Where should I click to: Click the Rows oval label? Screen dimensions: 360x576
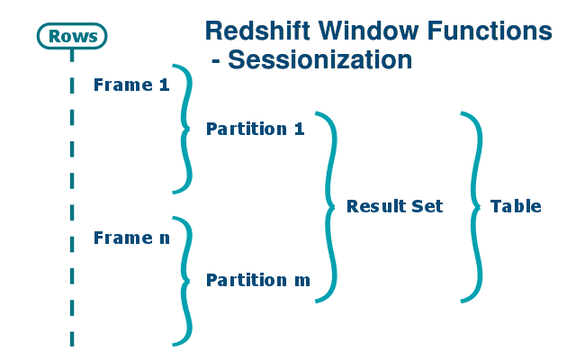tap(72, 36)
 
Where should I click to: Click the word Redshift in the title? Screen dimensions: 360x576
tap(254, 31)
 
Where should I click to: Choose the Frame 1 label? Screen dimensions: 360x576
tap(131, 85)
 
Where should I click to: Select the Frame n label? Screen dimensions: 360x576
tap(131, 238)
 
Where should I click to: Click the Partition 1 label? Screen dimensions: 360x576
tap(255, 129)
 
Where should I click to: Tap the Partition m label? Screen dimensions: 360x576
tap(257, 280)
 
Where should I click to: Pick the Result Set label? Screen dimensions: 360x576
tap(394, 206)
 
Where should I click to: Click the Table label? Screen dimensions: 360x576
tap(516, 206)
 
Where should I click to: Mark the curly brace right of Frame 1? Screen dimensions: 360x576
tap(185, 129)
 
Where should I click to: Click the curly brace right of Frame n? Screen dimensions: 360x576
tap(185, 280)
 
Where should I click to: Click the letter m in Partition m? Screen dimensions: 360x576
tap(302, 281)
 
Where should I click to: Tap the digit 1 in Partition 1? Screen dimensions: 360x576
tap(300, 129)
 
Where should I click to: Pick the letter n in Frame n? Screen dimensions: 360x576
tap(164, 239)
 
